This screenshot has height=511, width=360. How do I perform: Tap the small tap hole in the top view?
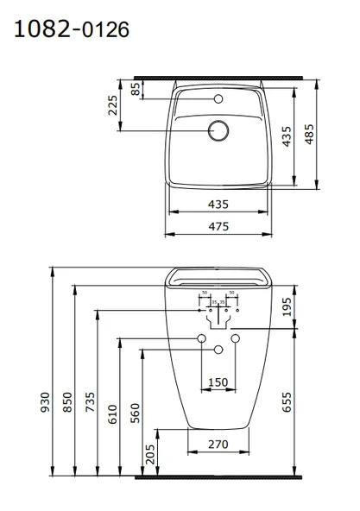coord(218,99)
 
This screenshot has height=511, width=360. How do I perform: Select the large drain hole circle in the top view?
coord(218,130)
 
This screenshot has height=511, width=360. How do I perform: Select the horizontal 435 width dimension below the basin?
coord(218,204)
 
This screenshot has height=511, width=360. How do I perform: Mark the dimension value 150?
coord(218,382)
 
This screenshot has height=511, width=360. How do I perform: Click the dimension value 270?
coord(218,446)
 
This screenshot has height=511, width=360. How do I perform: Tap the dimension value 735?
coord(89,406)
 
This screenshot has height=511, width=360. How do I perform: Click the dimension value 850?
coord(67,402)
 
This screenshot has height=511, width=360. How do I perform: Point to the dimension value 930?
coord(46,402)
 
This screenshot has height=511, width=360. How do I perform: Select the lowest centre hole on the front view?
coord(218,349)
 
